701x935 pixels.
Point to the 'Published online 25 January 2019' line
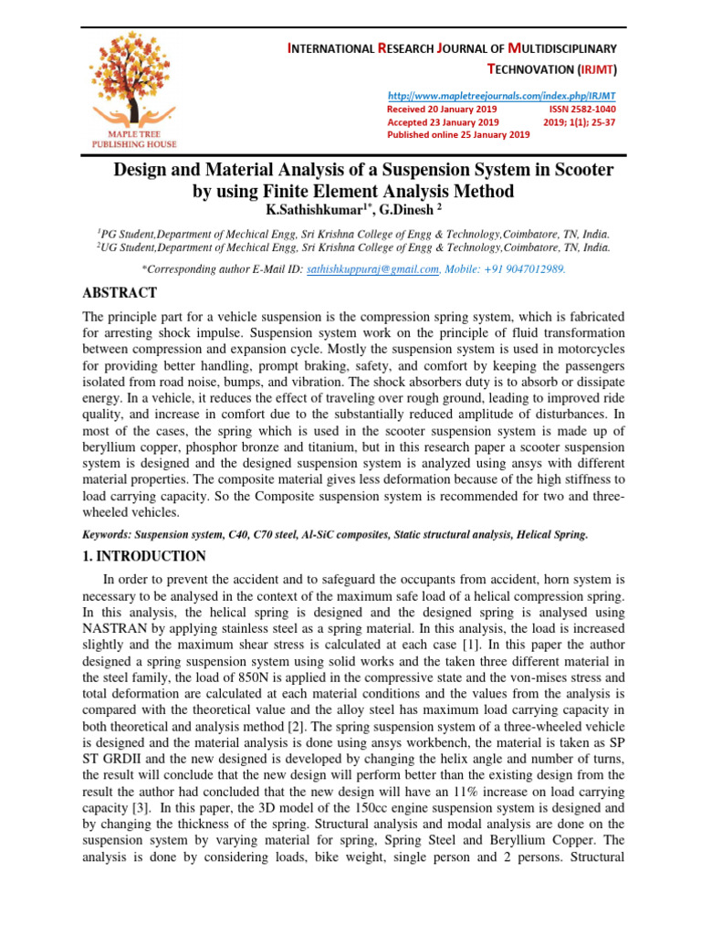click(x=458, y=134)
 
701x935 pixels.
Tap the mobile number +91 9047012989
click(x=528, y=269)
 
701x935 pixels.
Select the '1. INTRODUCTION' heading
click(x=144, y=555)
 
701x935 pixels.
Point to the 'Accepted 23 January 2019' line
click(x=443, y=121)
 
